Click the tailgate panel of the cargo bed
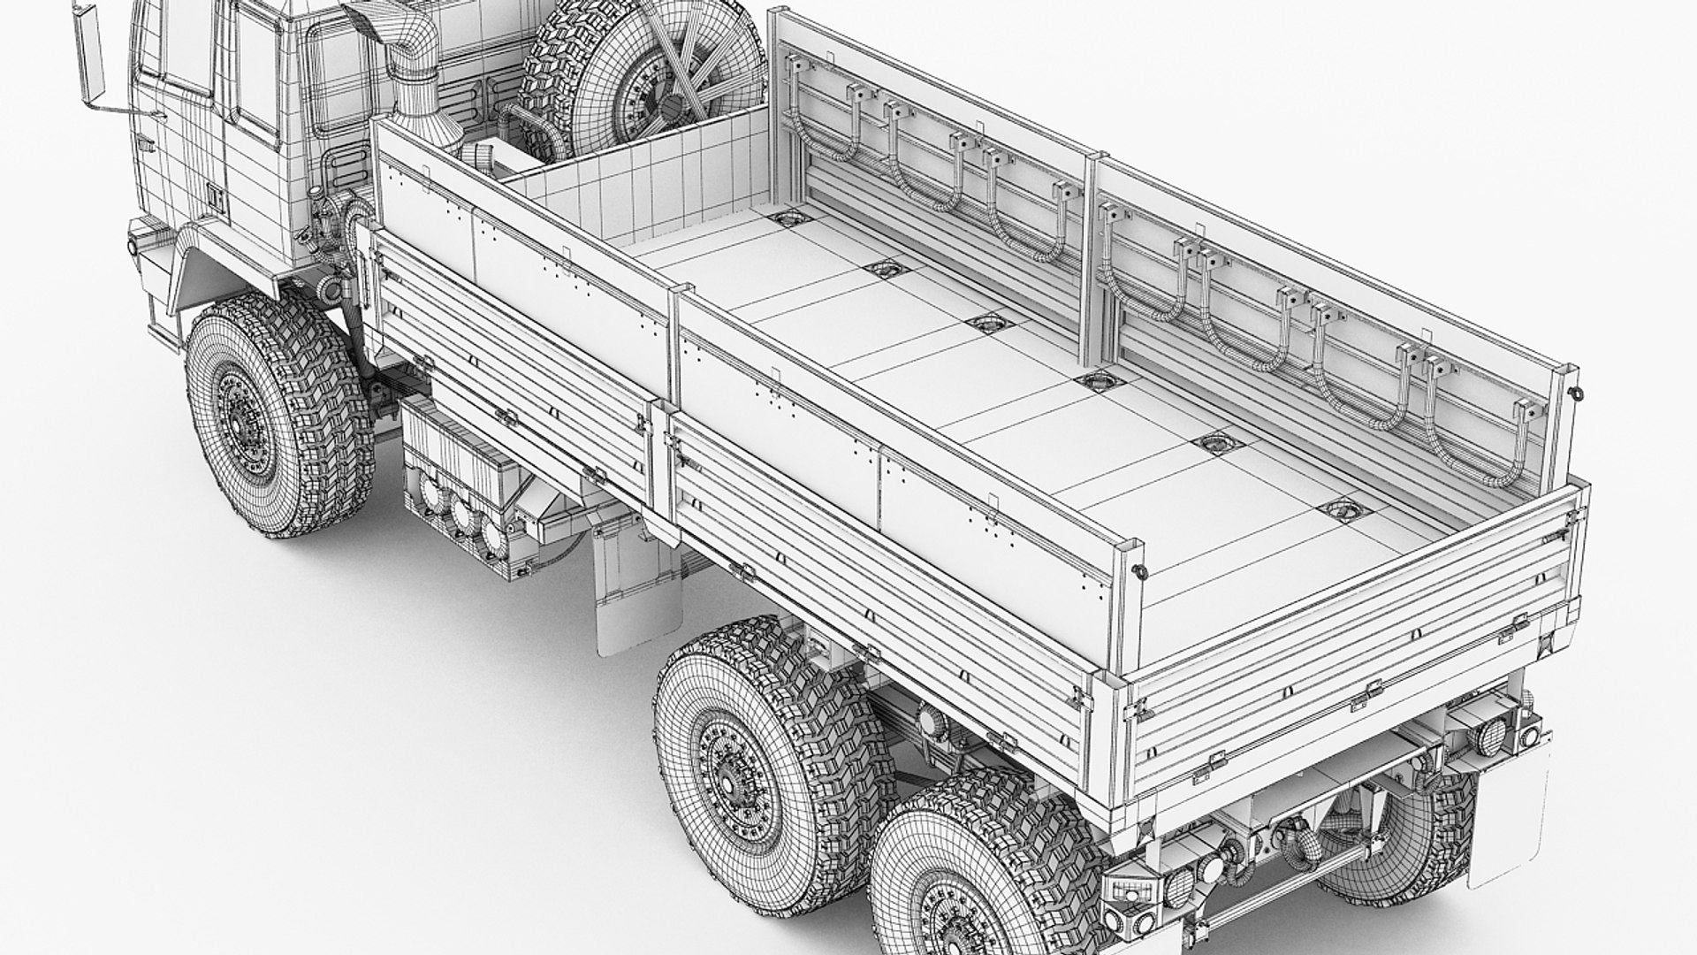(1352, 646)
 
